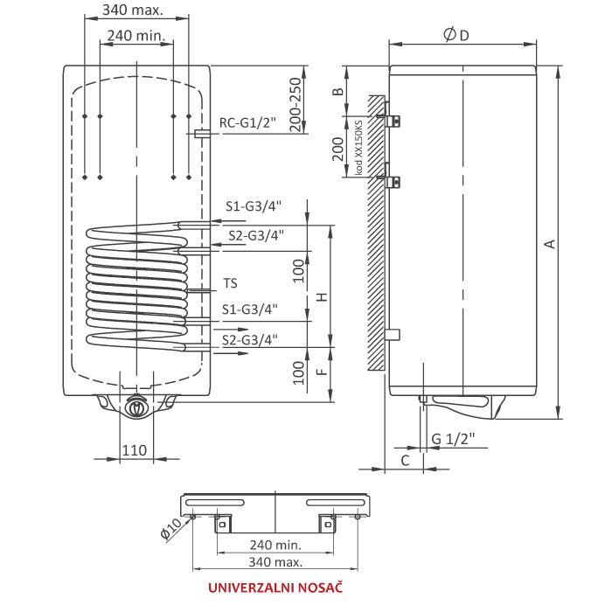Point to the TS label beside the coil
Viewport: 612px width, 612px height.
pos(230,283)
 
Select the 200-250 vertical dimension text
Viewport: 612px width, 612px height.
pos(296,106)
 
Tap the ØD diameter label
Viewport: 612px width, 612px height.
pos(456,34)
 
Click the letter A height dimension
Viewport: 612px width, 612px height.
pos(550,244)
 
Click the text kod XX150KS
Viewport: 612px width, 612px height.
pos(359,149)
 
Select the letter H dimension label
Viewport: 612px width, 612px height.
pos(322,296)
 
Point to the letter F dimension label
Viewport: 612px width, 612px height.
pos(322,373)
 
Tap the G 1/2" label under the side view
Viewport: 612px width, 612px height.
pos(452,438)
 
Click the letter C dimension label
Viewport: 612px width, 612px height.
pos(405,458)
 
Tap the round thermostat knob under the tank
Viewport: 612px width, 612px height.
pos(136,408)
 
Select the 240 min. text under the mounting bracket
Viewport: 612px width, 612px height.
pos(275,544)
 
